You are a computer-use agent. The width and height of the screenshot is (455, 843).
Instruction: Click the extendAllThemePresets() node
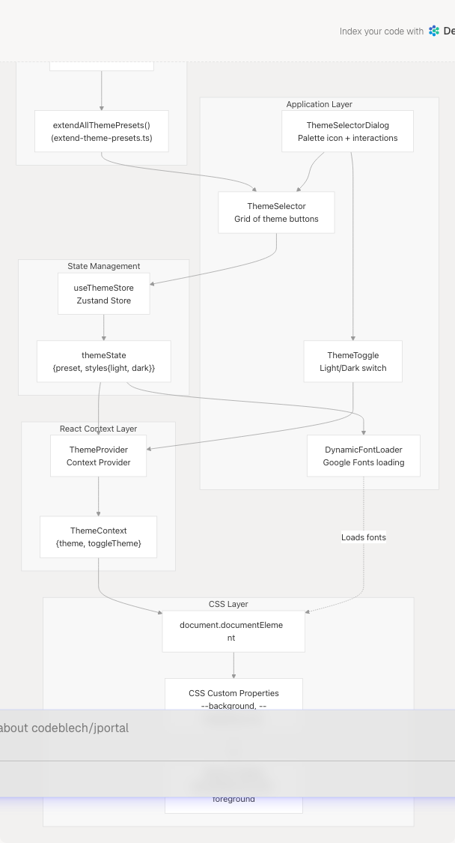(101, 131)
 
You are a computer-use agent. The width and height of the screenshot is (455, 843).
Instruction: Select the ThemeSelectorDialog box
(347, 131)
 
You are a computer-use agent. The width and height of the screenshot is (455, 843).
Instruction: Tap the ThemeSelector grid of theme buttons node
(276, 212)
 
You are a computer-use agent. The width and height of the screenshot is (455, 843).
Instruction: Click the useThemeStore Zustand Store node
(103, 294)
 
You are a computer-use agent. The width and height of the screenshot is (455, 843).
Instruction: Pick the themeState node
(103, 361)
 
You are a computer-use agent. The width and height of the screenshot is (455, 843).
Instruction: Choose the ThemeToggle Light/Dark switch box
(352, 361)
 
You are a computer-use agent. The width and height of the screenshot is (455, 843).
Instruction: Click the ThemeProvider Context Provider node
(98, 456)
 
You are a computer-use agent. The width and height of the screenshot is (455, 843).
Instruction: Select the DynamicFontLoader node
(363, 456)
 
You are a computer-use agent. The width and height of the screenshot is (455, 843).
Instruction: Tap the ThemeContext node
(98, 537)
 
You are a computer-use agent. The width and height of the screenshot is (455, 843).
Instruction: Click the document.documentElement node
(233, 631)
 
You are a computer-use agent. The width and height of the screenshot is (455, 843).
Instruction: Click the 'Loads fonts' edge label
(363, 537)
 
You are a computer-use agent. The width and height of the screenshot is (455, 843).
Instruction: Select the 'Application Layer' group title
(319, 104)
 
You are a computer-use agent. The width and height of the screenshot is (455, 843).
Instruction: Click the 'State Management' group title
(103, 266)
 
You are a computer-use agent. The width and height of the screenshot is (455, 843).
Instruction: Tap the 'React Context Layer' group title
(98, 429)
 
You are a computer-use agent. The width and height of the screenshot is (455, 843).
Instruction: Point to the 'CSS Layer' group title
(228, 604)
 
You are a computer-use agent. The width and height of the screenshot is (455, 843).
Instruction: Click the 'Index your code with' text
(381, 31)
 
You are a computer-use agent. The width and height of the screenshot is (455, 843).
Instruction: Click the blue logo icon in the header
(434, 31)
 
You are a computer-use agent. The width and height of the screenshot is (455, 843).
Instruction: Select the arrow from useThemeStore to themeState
(103, 327)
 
